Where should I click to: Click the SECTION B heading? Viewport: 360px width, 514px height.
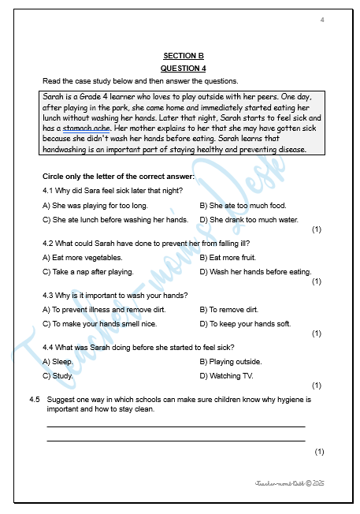point(183,56)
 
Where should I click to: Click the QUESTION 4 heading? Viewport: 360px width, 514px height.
point(183,69)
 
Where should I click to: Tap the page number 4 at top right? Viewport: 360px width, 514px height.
point(322,19)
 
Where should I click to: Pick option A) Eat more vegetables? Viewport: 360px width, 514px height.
point(82,258)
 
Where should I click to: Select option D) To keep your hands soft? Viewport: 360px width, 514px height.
point(245,323)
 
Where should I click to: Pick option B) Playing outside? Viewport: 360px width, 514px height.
point(231,362)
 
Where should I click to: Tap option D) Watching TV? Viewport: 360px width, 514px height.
point(225,375)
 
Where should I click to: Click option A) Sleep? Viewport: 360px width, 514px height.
point(58,362)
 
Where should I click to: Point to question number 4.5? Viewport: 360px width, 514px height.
point(35,400)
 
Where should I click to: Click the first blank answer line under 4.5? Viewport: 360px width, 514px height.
point(176,426)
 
